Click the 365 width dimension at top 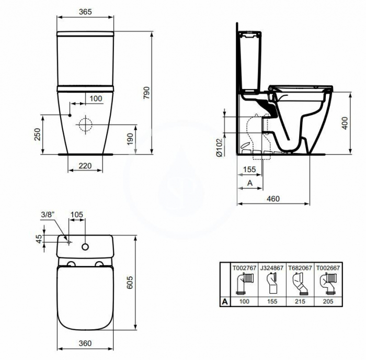pos(86,11)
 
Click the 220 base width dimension pos(86,166)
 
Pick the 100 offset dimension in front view pos(95,98)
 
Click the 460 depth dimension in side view pos(273,198)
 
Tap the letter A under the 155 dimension pos(249,183)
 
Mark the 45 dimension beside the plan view pos(38,239)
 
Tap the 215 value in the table pos(299,302)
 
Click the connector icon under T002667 pos(327,284)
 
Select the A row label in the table pos(224,302)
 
